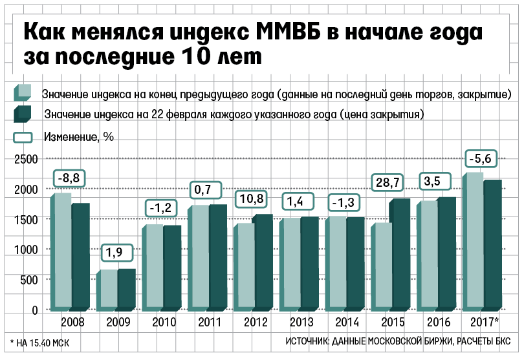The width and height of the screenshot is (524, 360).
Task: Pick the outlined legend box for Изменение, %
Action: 23,136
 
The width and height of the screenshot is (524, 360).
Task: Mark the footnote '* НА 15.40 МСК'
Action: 39,342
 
